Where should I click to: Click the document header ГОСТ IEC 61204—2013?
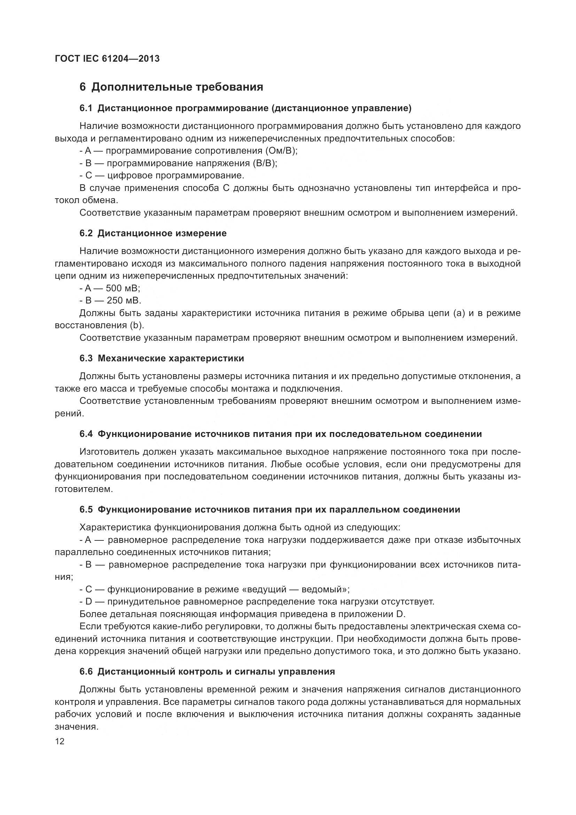[x=107, y=59]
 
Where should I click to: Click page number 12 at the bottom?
[x=60, y=741]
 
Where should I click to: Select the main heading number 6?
[x=83, y=87]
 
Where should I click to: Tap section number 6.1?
[x=86, y=108]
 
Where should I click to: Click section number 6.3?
[x=86, y=358]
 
